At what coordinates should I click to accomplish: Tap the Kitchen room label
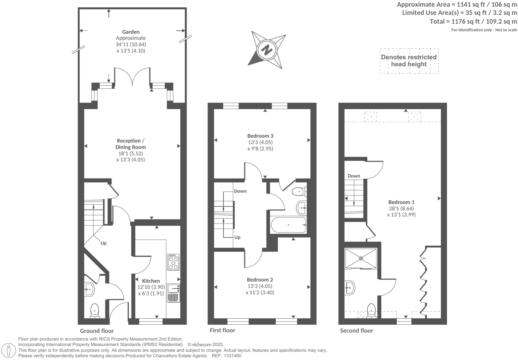pyautogui.click(x=151, y=281)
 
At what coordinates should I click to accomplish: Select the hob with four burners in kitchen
pyautogui.click(x=173, y=262)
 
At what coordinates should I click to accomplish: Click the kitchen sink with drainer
pyautogui.click(x=173, y=293)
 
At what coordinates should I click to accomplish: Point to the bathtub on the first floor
pyautogui.click(x=289, y=225)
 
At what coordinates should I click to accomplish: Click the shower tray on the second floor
pyautogui.click(x=361, y=258)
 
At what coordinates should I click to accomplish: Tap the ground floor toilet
pyautogui.click(x=95, y=311)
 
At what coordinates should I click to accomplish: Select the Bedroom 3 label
pyautogui.click(x=260, y=136)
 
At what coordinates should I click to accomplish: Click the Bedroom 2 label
pyautogui.click(x=260, y=280)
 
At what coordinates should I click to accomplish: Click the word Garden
pyautogui.click(x=131, y=32)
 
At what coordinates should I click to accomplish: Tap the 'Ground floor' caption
pyautogui.click(x=97, y=331)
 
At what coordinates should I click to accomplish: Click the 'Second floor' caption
pyautogui.click(x=356, y=331)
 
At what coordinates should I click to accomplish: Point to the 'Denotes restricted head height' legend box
pyautogui.click(x=409, y=61)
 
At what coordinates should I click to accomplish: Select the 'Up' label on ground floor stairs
pyautogui.click(x=103, y=243)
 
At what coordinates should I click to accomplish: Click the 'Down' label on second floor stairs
pyautogui.click(x=354, y=176)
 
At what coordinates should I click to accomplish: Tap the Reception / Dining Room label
pyautogui.click(x=130, y=144)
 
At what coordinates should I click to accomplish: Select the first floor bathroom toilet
pyautogui.click(x=298, y=192)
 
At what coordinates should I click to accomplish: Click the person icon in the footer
pyautogui.click(x=9, y=350)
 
